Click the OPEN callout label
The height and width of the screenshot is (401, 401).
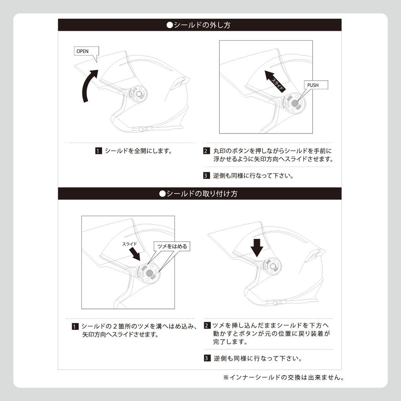(x=86, y=51)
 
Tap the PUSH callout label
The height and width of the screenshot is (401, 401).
(x=316, y=85)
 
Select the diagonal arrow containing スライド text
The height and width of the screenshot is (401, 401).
(x=275, y=81)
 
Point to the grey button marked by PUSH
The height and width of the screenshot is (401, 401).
(x=294, y=103)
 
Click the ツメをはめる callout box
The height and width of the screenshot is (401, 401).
(x=172, y=246)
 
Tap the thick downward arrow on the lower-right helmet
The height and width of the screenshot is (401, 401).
(x=257, y=248)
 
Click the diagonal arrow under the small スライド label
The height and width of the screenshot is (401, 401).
(x=135, y=254)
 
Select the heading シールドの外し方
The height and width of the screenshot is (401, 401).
(x=199, y=25)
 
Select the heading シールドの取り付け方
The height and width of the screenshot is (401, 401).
(x=199, y=193)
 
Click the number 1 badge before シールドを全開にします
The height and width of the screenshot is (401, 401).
(x=98, y=151)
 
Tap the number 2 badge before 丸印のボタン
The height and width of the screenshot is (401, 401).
(x=206, y=151)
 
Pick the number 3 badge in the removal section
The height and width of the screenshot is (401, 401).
(x=206, y=176)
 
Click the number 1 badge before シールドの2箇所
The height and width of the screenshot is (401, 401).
(x=75, y=327)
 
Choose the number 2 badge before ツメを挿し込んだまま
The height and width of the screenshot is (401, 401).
(x=207, y=325)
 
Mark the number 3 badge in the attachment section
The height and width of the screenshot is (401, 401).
(x=207, y=358)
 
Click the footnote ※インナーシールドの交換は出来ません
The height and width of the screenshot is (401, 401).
(x=284, y=378)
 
